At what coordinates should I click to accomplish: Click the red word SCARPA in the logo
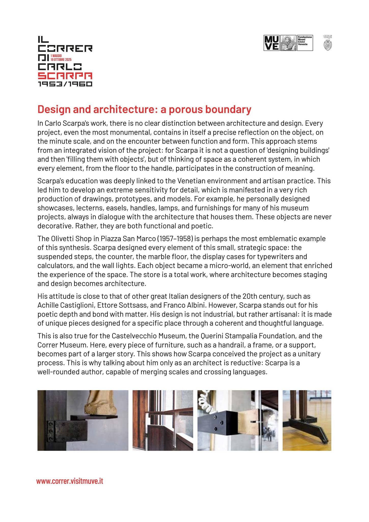point(65,76)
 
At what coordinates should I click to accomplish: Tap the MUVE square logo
point(271,43)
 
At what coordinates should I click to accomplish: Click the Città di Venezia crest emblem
point(328,45)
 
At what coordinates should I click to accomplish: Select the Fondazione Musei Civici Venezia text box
point(305,43)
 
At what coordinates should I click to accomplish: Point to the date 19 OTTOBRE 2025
point(61,59)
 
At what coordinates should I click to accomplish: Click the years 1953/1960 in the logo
point(65,84)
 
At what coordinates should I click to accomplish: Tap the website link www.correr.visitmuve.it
point(70,481)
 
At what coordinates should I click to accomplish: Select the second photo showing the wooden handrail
point(163,420)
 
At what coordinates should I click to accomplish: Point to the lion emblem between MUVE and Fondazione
point(288,43)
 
